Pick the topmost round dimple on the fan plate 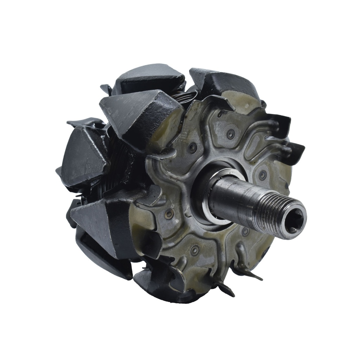tap(231, 134)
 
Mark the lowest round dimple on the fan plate tap(194, 250)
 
